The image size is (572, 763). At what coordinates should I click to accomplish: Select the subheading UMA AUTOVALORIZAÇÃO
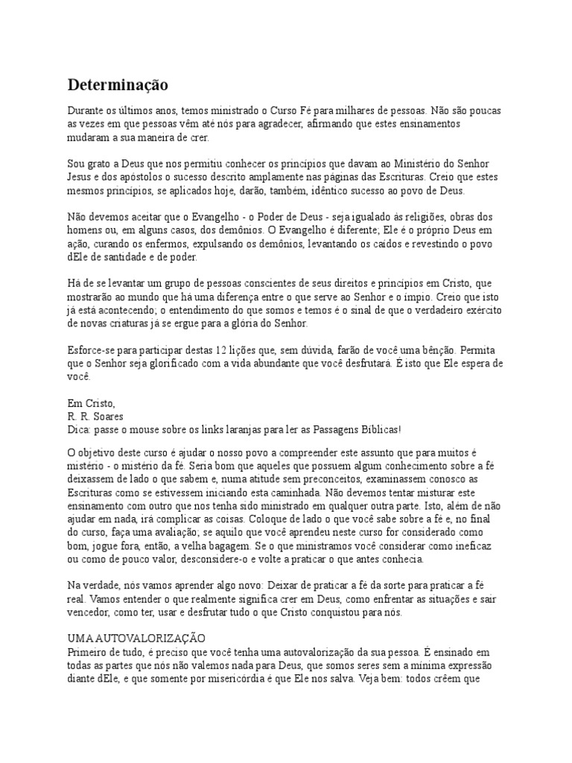pyautogui.click(x=136, y=639)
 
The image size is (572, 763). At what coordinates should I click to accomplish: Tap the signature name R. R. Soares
pyautogui.click(x=95, y=416)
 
